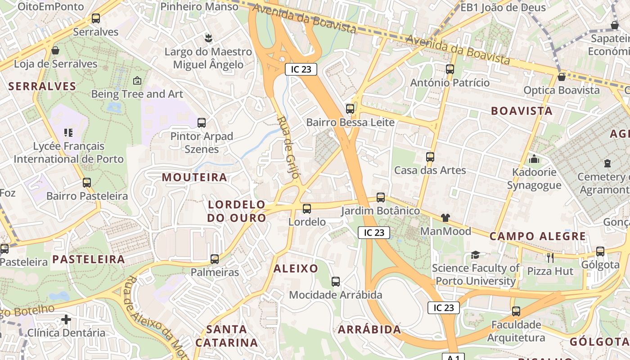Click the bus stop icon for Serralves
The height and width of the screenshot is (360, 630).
[95, 18]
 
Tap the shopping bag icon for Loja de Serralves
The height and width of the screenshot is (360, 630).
[55, 50]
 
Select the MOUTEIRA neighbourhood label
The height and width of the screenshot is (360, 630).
[194, 177]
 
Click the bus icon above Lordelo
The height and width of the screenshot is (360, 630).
[307, 208]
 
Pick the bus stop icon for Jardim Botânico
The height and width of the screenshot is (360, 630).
[381, 198]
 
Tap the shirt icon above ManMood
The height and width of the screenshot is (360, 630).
[445, 218]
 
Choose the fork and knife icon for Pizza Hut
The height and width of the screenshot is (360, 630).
[550, 258]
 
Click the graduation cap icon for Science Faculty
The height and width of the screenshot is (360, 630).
[475, 255]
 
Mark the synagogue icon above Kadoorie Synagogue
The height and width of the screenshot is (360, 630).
[534, 159]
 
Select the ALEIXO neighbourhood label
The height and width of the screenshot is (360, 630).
[296, 269]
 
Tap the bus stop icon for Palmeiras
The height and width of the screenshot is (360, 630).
[215, 259]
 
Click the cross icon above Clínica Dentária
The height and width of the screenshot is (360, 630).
[66, 319]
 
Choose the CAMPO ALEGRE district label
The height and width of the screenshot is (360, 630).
[538, 236]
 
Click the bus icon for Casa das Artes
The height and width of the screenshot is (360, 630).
[430, 157]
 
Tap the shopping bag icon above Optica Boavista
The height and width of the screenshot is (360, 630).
[561, 77]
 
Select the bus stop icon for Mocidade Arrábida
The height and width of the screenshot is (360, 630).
[336, 282]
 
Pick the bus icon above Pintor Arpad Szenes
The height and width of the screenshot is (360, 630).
[202, 122]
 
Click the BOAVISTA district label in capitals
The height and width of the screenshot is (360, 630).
[522, 111]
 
